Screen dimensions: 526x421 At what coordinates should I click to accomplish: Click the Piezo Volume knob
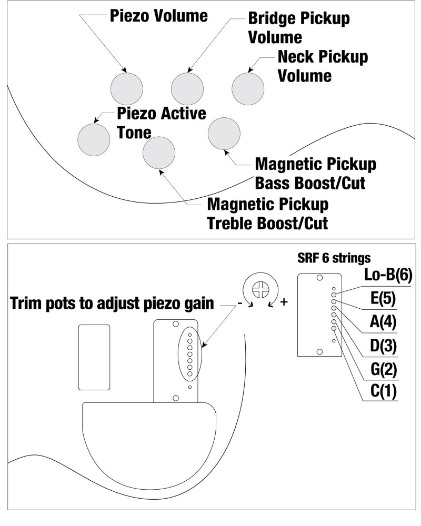127,89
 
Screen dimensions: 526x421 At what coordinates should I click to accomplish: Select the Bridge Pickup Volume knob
188,89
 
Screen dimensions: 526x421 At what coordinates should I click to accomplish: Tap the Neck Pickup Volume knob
248,88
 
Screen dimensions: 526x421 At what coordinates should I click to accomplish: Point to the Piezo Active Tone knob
93,138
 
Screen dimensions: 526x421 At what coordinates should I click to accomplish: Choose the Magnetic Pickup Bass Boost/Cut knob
224,135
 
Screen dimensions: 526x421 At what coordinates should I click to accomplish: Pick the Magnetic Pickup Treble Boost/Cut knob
159,152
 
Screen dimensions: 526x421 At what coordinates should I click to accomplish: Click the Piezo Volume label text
158,16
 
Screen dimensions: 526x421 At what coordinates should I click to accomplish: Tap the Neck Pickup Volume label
322,66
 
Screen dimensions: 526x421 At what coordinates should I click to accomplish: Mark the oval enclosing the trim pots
190,355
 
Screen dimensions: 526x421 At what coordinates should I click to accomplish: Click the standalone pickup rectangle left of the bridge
94,358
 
